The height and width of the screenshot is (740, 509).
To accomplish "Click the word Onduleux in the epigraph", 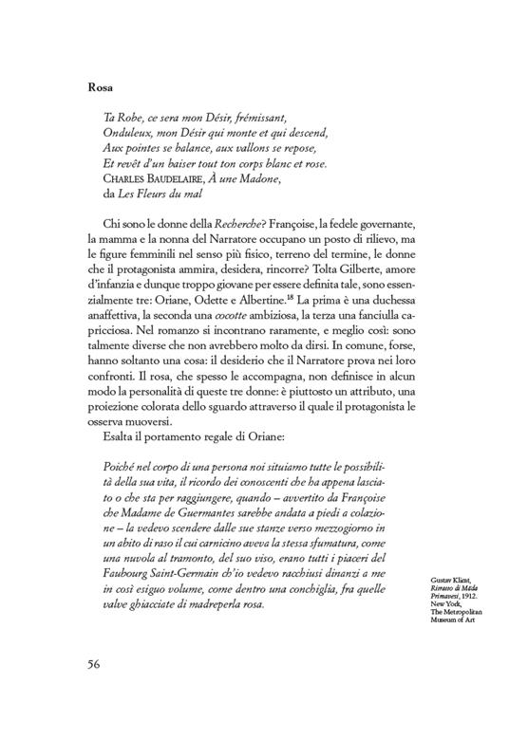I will pos(126,135).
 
